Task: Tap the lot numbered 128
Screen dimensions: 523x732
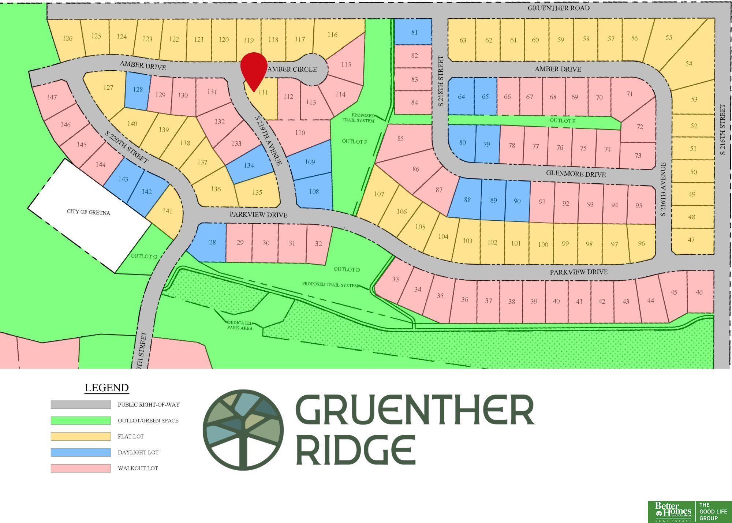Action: pyautogui.click(x=138, y=89)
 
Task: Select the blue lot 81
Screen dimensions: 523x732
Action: pyautogui.click(x=414, y=32)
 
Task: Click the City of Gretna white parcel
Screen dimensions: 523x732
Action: pyautogui.click(x=89, y=213)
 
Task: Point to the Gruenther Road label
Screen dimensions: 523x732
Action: pyautogui.click(x=559, y=8)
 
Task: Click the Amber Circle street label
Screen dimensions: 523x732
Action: pyautogui.click(x=292, y=69)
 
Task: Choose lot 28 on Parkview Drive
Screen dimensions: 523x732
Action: pyautogui.click(x=212, y=242)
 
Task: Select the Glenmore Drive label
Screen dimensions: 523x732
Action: pyautogui.click(x=576, y=174)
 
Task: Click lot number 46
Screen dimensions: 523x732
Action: pyautogui.click(x=699, y=292)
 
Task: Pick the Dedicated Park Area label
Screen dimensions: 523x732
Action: pyautogui.click(x=240, y=325)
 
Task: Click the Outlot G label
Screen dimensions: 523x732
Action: pyautogui.click(x=144, y=256)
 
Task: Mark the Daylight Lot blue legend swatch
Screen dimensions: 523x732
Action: pyautogui.click(x=81, y=452)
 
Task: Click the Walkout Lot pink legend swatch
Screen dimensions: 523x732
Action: pyautogui.click(x=81, y=468)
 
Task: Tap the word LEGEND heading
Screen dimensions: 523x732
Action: pyautogui.click(x=107, y=388)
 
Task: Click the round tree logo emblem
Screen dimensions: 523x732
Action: pyautogui.click(x=243, y=429)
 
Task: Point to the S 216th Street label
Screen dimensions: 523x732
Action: pyautogui.click(x=722, y=129)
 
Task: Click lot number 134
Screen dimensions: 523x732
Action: pyautogui.click(x=249, y=165)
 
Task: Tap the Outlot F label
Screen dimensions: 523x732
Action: pyautogui.click(x=354, y=141)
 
